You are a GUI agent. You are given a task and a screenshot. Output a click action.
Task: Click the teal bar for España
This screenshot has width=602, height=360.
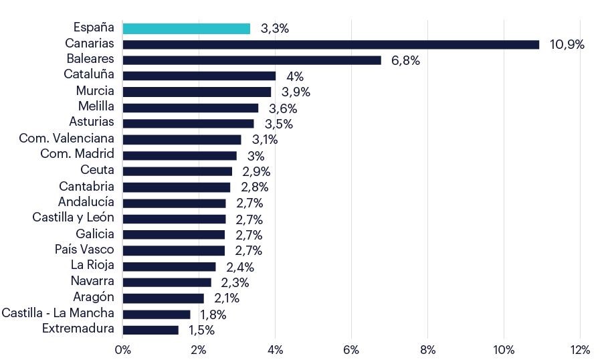(187, 29)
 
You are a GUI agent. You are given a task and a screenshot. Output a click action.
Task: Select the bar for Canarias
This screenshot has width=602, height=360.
(331, 44)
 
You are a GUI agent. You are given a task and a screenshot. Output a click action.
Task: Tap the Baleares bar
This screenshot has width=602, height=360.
(252, 60)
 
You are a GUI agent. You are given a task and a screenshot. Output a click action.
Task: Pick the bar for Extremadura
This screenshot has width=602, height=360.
(151, 330)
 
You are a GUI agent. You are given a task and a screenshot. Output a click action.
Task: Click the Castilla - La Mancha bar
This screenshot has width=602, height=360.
(157, 314)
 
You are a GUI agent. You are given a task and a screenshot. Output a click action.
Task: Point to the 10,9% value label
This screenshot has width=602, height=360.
(567, 45)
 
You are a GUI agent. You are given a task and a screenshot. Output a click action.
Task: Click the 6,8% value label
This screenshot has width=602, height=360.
(405, 61)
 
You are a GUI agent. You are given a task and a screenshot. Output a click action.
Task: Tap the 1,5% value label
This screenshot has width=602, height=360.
(201, 330)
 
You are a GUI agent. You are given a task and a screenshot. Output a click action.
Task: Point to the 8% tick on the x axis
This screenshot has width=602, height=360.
(427, 349)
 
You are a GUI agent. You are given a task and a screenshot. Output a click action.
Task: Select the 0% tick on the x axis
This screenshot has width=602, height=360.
(123, 349)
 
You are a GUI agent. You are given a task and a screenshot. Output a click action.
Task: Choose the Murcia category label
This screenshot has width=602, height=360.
(95, 90)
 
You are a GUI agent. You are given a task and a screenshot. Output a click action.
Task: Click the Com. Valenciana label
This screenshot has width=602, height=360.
(67, 139)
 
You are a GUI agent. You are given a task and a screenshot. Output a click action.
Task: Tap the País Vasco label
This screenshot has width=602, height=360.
(84, 250)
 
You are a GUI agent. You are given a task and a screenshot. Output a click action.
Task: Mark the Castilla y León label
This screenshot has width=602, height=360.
(74, 217)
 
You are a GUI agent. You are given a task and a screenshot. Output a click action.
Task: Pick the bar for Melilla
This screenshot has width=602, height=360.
(191, 108)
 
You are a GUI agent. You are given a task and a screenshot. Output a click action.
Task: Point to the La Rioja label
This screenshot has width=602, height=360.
(92, 265)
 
